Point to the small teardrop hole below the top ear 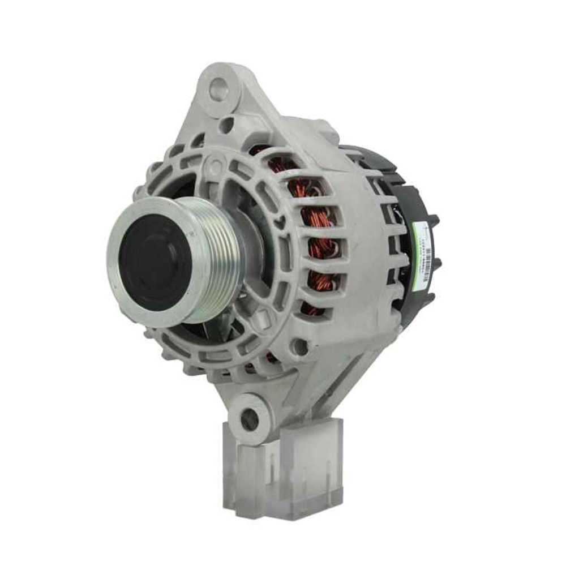226,125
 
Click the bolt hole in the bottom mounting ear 248,419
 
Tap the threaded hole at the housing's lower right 301,347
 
